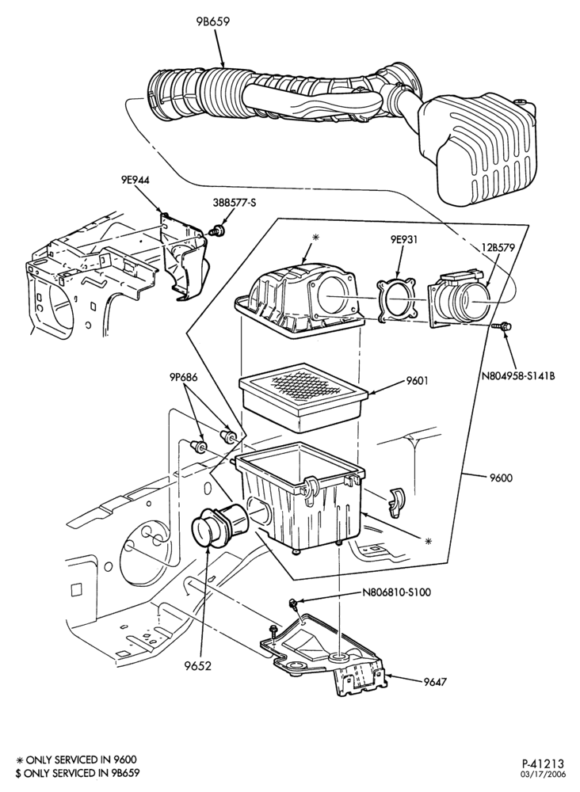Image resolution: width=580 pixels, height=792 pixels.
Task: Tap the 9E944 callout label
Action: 135,180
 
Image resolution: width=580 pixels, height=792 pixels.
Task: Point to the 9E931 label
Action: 403,240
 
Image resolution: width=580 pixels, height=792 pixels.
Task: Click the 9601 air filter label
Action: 418,381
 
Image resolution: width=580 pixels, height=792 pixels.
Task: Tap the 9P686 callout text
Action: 183,377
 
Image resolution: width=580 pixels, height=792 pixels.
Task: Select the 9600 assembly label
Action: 501,477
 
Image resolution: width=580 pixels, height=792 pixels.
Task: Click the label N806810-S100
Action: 397,592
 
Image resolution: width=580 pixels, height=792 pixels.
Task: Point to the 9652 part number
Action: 198,666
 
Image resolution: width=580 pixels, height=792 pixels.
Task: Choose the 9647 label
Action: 436,681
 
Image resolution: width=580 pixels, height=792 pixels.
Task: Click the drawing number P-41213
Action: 543,763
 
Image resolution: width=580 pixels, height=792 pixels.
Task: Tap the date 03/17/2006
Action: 543,774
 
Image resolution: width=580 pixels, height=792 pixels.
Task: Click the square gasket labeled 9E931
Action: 396,299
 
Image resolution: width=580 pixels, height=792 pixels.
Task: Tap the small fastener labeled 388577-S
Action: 219,230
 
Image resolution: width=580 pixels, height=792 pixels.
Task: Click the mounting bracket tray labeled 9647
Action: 328,655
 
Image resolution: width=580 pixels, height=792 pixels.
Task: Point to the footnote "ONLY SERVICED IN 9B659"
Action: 78,773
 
